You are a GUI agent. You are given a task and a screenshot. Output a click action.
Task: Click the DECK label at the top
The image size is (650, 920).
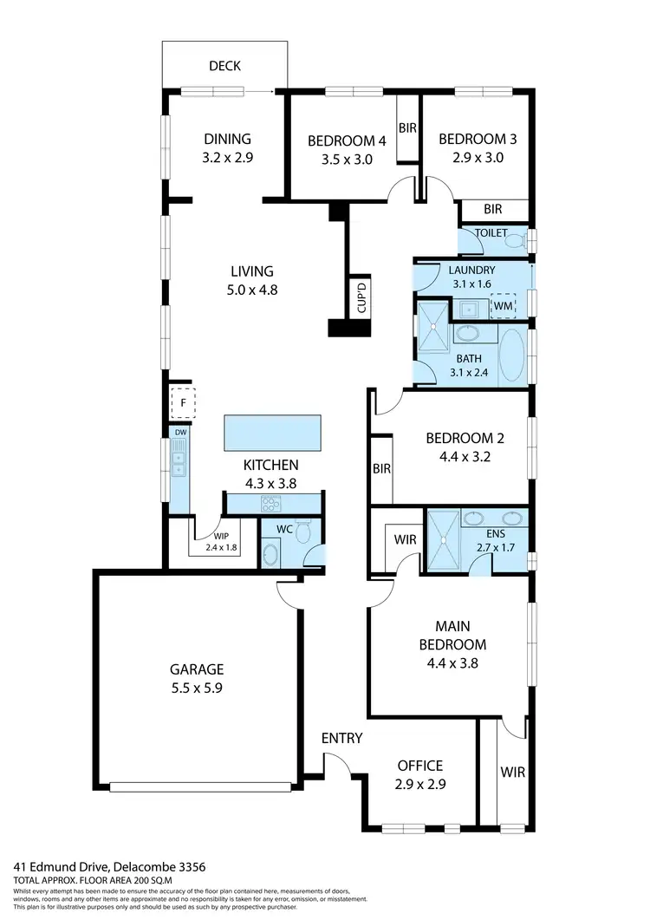pyautogui.click(x=224, y=66)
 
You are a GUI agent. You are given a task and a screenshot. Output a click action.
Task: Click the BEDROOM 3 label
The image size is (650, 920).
pyautogui.click(x=471, y=139)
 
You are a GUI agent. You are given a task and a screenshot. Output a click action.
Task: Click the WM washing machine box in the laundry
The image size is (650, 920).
pyautogui.click(x=503, y=305)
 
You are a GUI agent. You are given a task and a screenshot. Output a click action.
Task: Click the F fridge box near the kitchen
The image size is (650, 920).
pyautogui.click(x=183, y=404)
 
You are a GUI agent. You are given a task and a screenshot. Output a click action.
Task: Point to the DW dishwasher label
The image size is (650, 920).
pyautogui.click(x=180, y=432)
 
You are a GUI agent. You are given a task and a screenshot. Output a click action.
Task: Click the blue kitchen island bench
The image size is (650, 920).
pyautogui.click(x=272, y=432)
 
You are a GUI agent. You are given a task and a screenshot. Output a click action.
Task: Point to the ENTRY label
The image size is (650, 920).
pyautogui.click(x=341, y=738)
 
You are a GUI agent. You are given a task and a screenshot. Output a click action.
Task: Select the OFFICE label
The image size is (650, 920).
pyautogui.click(x=419, y=766)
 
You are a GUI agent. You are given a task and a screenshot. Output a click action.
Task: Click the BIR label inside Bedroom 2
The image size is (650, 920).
pyautogui.click(x=381, y=469)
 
